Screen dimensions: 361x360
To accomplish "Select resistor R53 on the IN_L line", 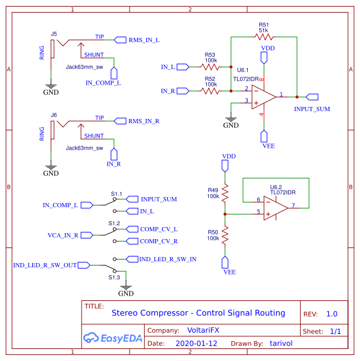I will tap(211, 67).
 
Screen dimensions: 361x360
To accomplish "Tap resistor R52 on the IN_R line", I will tap(211, 91).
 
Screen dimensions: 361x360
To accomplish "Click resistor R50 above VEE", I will tap(225, 235).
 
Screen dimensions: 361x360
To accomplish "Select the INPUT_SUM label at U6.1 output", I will tap(312, 109).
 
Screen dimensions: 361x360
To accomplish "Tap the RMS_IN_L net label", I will tap(144, 40).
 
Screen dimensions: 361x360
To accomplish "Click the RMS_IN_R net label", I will tap(144, 121).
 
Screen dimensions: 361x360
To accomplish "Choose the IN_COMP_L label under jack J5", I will tap(103, 82).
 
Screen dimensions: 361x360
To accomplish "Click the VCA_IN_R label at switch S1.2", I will tap(63, 235).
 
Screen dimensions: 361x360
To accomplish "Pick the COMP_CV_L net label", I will tap(158, 229).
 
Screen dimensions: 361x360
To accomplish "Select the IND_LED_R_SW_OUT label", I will tap(45, 264).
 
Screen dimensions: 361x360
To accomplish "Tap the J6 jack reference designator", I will tap(53, 114).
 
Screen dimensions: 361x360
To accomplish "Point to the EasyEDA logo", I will tap(113, 337).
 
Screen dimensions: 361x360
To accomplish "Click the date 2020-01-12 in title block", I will tap(196, 344).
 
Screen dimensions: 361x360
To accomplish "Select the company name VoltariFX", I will tap(203, 330).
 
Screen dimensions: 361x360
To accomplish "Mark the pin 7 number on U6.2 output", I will tap(293, 205).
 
